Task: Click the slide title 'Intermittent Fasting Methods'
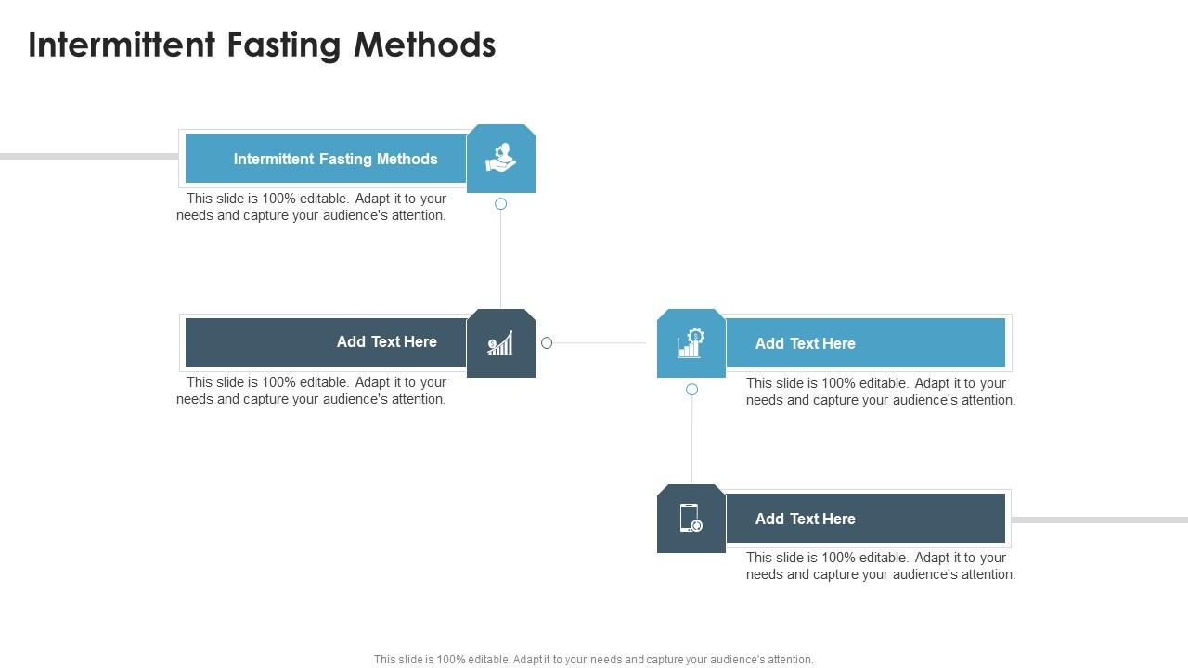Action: pos(262,45)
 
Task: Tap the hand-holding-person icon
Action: pos(501,159)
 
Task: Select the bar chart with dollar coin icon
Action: pos(501,343)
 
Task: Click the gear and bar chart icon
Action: pos(691,343)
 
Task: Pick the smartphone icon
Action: pos(691,519)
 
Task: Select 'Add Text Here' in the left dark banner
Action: pos(386,342)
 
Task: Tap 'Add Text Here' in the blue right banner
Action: pos(805,343)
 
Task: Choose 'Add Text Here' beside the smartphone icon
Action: pos(805,519)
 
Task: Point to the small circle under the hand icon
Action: pos(500,204)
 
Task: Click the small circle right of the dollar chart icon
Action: pos(547,343)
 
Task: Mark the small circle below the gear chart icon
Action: pos(691,390)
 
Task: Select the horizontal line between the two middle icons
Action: pos(599,343)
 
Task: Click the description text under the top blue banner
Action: pos(312,207)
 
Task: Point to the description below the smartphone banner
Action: pos(881,566)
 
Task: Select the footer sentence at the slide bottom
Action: pos(594,660)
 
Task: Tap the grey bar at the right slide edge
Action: pos(1099,520)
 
